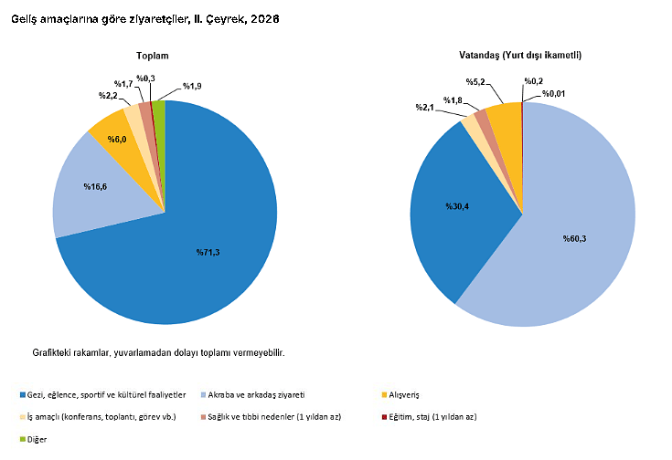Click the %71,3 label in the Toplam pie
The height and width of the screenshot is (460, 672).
click(x=208, y=253)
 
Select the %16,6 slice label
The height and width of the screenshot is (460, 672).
click(x=95, y=186)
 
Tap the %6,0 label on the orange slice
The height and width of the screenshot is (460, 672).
click(x=117, y=140)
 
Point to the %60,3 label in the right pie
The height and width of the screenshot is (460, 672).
click(x=574, y=239)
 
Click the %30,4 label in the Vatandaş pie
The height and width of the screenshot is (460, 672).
click(x=457, y=206)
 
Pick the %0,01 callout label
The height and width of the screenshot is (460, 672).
click(x=553, y=94)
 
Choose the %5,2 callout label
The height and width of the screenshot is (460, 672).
click(x=475, y=82)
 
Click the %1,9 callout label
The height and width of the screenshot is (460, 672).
click(x=192, y=86)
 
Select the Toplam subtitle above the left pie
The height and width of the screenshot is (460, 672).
click(x=152, y=56)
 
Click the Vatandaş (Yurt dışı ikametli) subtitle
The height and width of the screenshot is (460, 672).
click(x=520, y=55)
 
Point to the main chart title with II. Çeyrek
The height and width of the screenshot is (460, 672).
click(x=144, y=19)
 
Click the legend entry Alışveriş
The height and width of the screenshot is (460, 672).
click(x=400, y=394)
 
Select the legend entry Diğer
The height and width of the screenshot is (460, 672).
click(x=34, y=439)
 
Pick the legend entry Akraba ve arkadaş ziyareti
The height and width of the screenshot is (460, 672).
click(x=252, y=394)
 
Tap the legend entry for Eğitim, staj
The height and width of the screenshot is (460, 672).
click(x=429, y=417)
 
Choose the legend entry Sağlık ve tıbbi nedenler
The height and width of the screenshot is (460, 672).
click(x=271, y=417)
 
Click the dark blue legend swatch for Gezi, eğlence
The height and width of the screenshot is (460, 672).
click(x=23, y=394)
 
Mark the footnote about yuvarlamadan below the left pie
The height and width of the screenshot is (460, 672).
click(x=158, y=353)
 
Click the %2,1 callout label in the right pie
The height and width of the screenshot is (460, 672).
click(x=425, y=108)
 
